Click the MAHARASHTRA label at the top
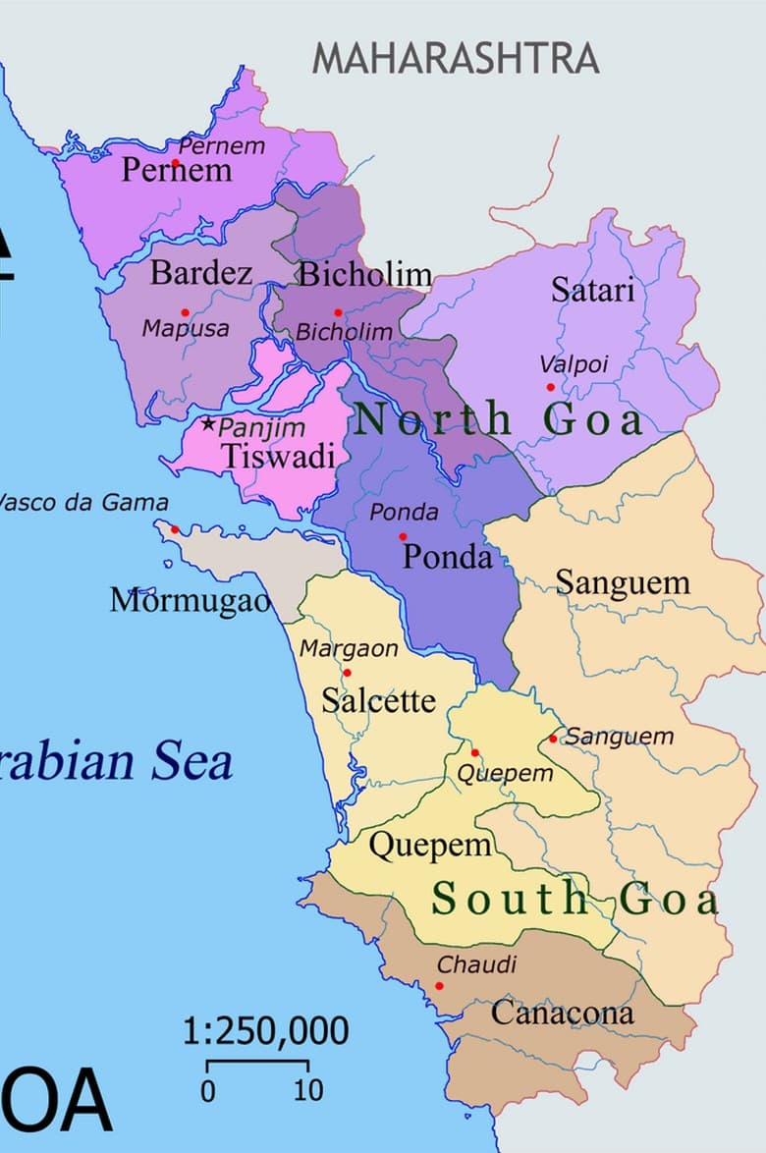(455, 59)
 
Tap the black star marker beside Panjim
(208, 425)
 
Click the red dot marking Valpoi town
(551, 387)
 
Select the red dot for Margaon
(347, 673)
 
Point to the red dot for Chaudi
(439, 986)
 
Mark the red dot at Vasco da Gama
(175, 529)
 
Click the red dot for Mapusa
(185, 313)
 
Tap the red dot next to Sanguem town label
(553, 739)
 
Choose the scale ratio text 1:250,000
(265, 1032)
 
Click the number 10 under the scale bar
(308, 1090)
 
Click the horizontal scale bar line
(257, 1062)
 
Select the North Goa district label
(499, 420)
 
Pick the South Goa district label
(575, 899)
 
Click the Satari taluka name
(592, 290)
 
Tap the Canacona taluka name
(562, 1013)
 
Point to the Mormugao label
(190, 600)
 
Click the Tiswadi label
(278, 457)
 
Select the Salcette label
(378, 701)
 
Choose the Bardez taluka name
(200, 273)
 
